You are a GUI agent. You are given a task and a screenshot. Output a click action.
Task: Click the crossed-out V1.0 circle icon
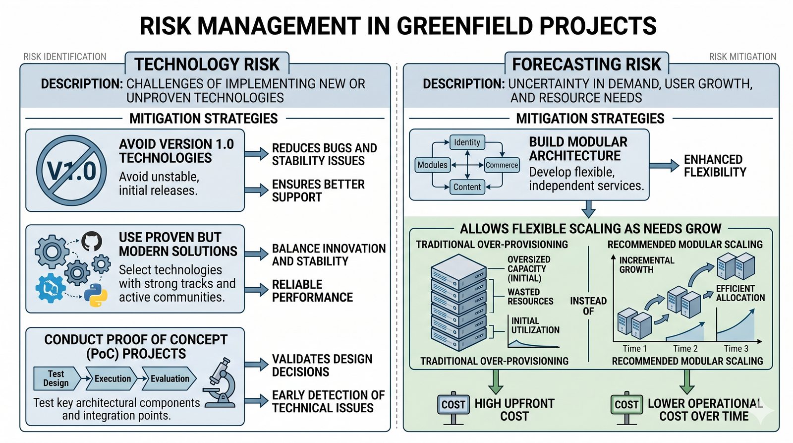point(71,171)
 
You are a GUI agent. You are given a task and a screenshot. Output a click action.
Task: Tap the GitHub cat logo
point(91,241)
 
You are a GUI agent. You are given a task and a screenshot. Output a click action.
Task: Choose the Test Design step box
point(56,379)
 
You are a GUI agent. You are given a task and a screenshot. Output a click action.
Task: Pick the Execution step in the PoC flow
point(112,379)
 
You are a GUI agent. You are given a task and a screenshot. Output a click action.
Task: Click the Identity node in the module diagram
point(467,142)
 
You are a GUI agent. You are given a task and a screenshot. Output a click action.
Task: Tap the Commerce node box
point(502,165)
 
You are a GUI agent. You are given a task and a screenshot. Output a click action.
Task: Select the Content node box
point(467,187)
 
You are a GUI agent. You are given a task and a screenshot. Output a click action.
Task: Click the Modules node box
point(432,165)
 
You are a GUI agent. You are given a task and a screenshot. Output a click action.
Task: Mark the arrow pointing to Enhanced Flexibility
point(664,166)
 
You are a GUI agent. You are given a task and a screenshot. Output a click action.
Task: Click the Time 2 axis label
point(685,349)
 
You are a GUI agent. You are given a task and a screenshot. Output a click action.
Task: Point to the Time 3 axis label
point(736,349)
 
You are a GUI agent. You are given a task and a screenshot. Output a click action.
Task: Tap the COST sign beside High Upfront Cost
point(453,405)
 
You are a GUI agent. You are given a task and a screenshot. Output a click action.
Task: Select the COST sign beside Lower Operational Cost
point(626,405)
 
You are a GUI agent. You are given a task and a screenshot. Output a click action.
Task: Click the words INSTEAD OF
point(588,306)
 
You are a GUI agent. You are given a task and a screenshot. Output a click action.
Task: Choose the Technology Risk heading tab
point(207,64)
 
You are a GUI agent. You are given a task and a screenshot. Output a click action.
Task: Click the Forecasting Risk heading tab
point(586,64)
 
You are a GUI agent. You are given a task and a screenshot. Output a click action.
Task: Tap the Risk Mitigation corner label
point(742,57)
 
